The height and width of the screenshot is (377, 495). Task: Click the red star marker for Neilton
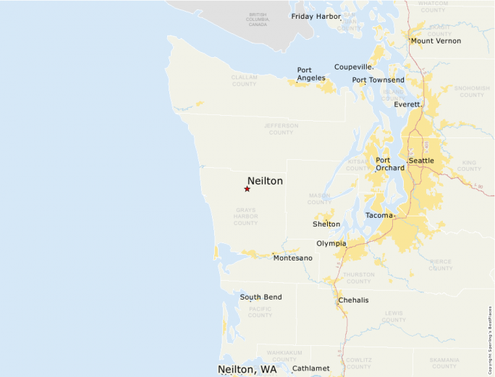click(x=247, y=189)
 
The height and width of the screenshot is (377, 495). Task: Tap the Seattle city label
click(x=421, y=161)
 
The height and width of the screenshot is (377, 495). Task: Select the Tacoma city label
click(x=380, y=216)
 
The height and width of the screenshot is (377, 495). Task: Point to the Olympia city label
click(x=331, y=244)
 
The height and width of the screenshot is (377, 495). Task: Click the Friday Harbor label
click(x=316, y=16)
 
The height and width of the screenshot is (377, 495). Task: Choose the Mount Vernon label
click(x=436, y=41)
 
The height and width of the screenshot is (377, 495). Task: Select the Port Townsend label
click(x=378, y=80)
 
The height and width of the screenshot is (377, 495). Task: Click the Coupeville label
click(x=354, y=67)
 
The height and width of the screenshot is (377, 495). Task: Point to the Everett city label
click(x=407, y=104)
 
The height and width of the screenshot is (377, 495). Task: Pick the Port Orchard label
click(x=390, y=164)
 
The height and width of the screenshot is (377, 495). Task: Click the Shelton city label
click(x=326, y=224)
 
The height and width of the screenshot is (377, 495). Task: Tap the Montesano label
click(x=292, y=258)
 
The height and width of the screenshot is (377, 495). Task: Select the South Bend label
click(x=261, y=297)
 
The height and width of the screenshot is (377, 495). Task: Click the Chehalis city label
click(x=353, y=300)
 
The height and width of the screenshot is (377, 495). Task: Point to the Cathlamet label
click(x=310, y=368)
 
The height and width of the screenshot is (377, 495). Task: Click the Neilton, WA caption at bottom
click(x=247, y=370)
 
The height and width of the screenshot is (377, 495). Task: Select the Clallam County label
click(x=244, y=80)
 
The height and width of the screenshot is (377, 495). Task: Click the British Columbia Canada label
click(x=257, y=20)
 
